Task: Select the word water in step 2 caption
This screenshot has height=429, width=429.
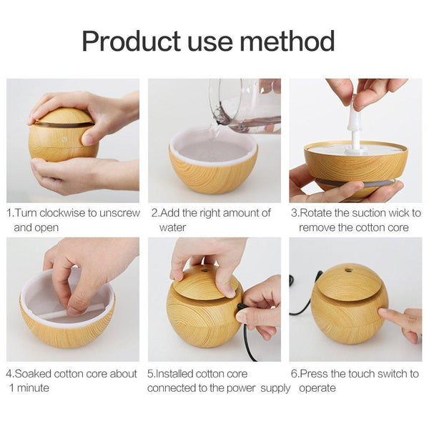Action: [172, 227]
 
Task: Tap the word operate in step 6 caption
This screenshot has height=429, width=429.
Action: [319, 388]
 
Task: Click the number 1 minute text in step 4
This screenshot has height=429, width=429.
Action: [32, 388]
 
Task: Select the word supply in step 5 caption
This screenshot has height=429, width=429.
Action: [275, 388]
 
